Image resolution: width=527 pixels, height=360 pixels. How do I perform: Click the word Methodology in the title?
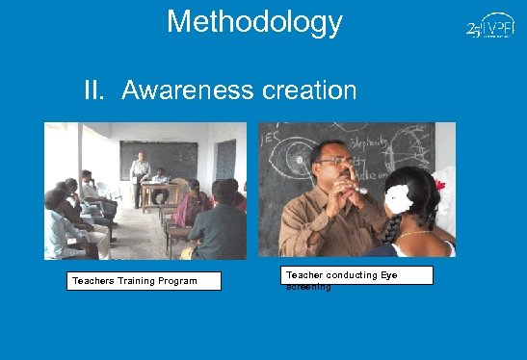pos(254,21)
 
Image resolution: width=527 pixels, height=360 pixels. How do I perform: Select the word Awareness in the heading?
pos(187,91)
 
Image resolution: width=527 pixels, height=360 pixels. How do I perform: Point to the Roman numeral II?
pos(94,91)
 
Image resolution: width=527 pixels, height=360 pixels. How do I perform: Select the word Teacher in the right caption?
pos(304,275)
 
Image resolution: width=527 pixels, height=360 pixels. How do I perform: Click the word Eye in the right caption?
pos(386,275)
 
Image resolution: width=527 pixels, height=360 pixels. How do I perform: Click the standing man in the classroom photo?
pos(140,174)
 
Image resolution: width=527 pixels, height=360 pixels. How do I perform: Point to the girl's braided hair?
pos(396,227)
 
